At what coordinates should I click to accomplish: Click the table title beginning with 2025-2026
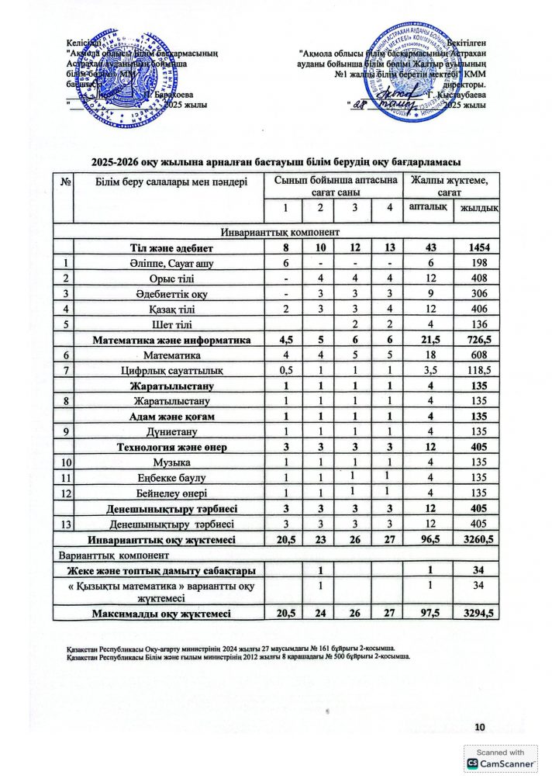tap(276, 161)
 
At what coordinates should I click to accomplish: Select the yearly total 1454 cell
tap(478, 247)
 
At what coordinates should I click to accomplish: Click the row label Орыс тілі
tap(171, 279)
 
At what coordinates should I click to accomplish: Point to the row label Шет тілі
tap(171, 324)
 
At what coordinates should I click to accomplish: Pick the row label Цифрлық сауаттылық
tap(171, 370)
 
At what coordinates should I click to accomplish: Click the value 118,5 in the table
tap(478, 370)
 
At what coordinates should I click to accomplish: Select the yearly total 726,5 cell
tap(478, 340)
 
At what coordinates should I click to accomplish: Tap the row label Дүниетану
tap(171, 431)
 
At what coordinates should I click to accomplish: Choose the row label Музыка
tap(171, 462)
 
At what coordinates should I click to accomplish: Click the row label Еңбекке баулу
tap(171, 477)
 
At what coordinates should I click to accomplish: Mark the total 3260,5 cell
tap(478, 539)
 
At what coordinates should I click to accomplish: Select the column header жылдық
tap(478, 207)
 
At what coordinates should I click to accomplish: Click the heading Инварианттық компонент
tap(276, 232)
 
